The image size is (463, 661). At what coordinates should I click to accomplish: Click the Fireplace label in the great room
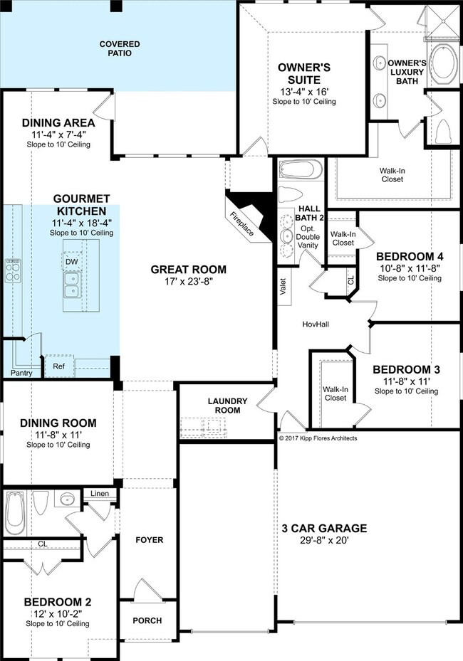[x=242, y=223]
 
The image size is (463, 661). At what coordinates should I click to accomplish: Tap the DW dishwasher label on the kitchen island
[x=72, y=262]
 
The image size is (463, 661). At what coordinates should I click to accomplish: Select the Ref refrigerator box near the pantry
[x=59, y=366]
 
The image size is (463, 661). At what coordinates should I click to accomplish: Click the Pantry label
[x=21, y=373]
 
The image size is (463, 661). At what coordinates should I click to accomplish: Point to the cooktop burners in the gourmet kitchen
[x=12, y=271]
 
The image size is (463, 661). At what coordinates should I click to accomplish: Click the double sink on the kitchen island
[x=72, y=285]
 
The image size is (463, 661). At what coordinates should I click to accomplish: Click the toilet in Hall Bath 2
[x=291, y=196]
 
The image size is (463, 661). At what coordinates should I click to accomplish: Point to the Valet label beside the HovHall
[x=283, y=286]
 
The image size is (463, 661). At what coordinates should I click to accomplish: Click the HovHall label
[x=316, y=324]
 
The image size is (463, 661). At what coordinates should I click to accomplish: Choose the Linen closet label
[x=100, y=493]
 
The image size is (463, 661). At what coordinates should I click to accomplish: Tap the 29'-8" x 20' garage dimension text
[x=324, y=540]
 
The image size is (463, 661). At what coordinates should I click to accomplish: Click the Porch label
[x=147, y=620]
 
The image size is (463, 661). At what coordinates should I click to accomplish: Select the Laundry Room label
[x=227, y=406]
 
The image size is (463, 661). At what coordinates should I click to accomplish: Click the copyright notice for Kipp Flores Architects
[x=318, y=438]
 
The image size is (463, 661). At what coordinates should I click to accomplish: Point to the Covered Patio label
[x=120, y=48]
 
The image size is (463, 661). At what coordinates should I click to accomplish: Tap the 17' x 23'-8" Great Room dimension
[x=189, y=281]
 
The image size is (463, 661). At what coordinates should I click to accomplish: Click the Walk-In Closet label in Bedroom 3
[x=335, y=393]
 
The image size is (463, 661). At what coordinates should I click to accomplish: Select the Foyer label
[x=150, y=540]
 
